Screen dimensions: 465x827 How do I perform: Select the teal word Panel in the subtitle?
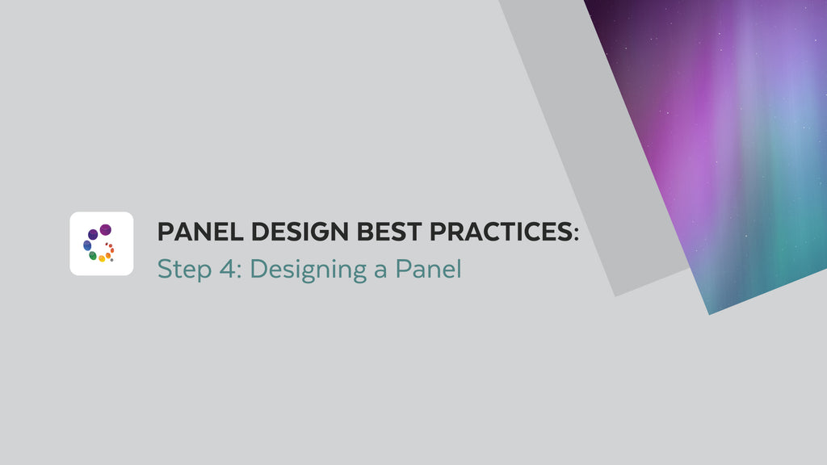point(428,269)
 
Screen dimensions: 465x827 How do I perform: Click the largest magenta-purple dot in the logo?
point(105,230)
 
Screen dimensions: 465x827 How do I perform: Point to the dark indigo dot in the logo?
point(93,234)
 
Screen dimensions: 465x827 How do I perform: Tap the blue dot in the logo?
point(87,245)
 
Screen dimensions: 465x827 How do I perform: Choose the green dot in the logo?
point(93,256)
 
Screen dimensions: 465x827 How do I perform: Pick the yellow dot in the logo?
point(102,259)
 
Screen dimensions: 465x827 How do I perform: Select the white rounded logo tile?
point(102,244)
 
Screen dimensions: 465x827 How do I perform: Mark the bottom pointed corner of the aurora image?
point(709,313)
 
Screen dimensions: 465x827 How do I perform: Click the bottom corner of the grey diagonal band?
point(615,295)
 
